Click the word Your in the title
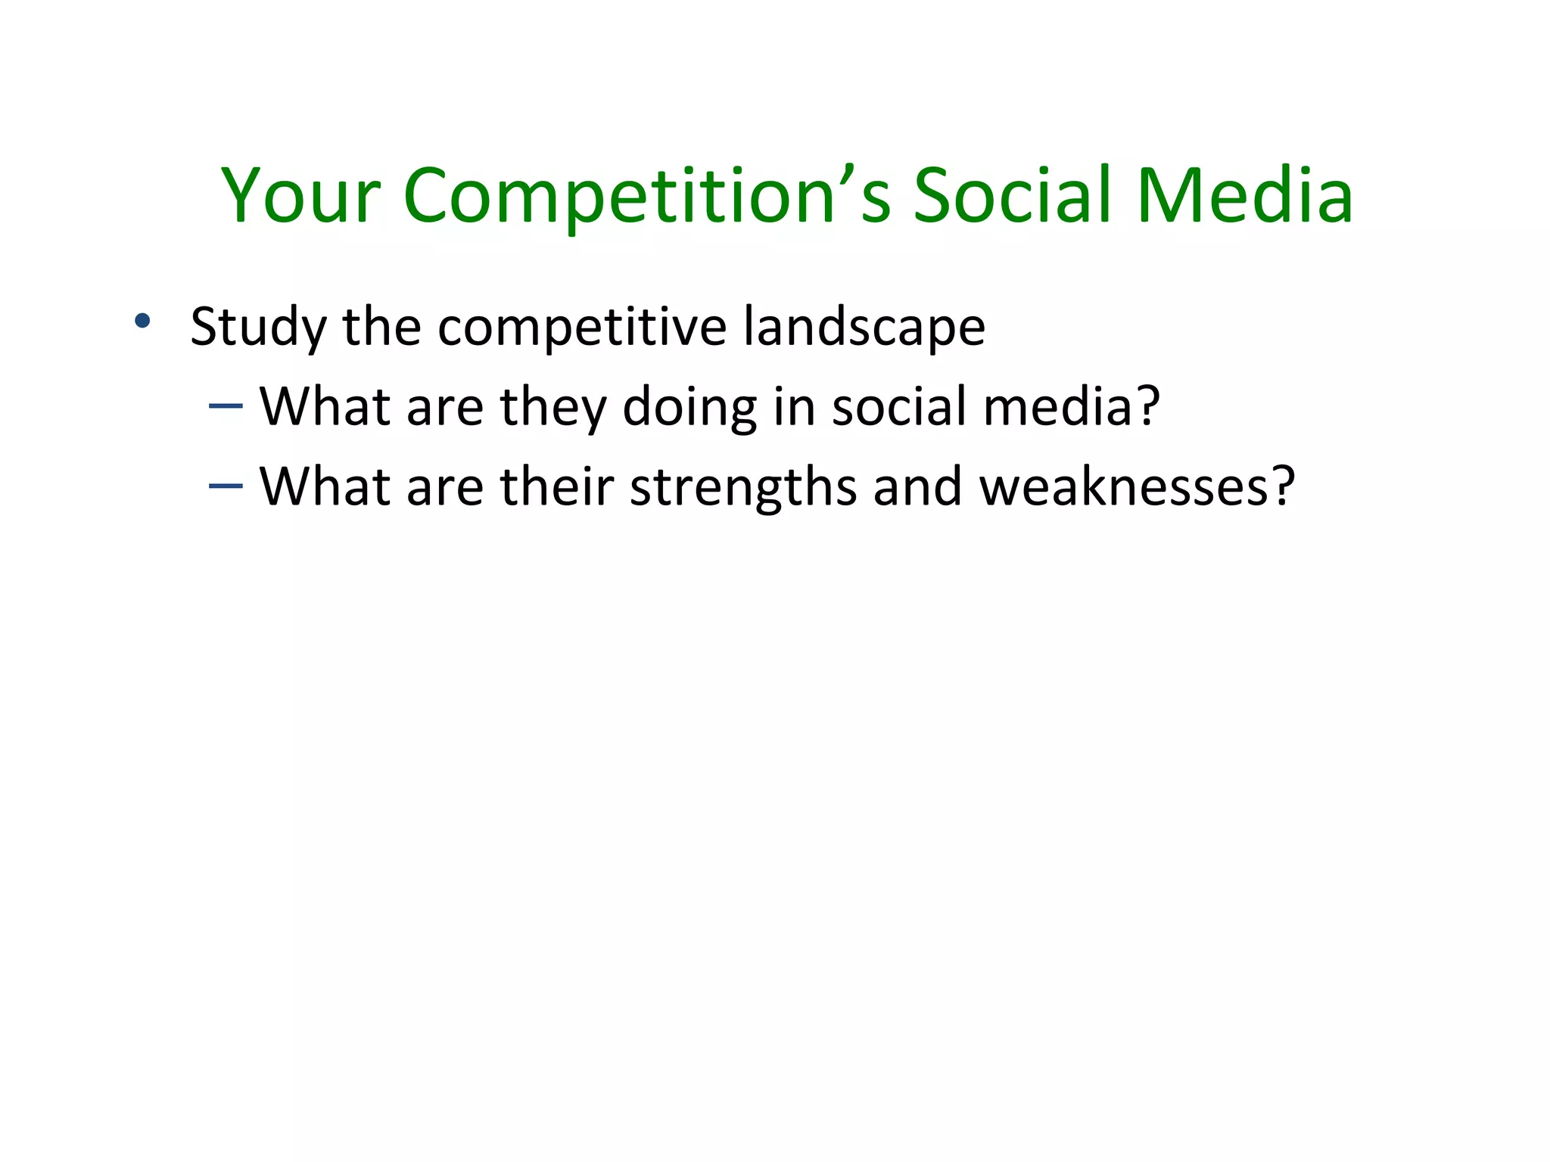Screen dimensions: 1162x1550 [300, 197]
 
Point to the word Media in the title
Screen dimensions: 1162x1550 [1245, 197]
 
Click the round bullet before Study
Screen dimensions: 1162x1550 [142, 321]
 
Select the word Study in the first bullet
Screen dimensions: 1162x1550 [258, 328]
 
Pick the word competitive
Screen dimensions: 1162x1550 [582, 328]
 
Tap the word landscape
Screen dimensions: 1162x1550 [864, 328]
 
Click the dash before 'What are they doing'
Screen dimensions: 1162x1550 [226, 406]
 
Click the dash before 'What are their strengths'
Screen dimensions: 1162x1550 [226, 486]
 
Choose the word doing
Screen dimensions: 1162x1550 [689, 409]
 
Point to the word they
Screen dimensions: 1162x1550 [553, 409]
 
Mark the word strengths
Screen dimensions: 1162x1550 [743, 488]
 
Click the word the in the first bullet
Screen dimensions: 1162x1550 [381, 328]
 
